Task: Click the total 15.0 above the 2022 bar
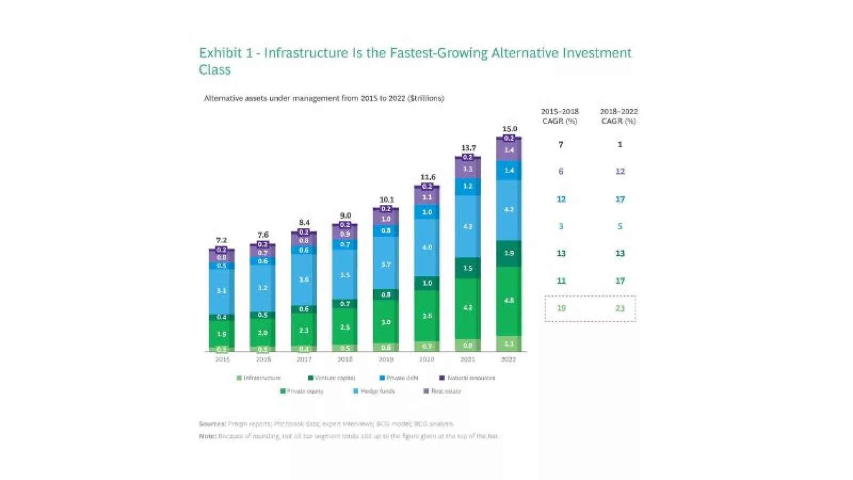510,129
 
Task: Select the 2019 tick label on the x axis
386,359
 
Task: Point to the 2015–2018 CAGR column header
560,116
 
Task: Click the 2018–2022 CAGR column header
619,116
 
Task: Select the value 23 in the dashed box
620,308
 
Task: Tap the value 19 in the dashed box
561,308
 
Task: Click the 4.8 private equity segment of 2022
509,301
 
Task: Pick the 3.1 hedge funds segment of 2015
222,291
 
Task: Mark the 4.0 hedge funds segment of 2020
427,247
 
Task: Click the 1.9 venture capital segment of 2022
509,253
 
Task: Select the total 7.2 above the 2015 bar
222,241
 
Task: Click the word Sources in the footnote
212,424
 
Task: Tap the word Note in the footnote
207,436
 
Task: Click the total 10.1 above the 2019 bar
387,200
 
